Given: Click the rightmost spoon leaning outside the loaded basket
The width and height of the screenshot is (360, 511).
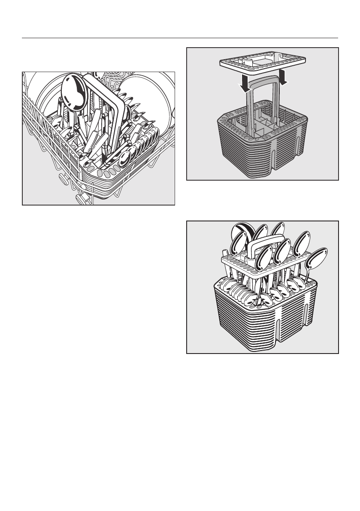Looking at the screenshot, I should pos(317,259).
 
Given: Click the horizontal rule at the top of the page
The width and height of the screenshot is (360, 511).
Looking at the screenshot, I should pos(180,38).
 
